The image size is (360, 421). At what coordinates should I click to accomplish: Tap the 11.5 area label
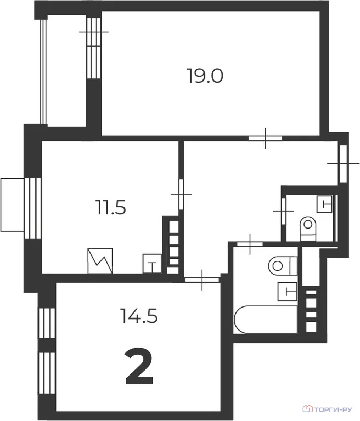(110, 208)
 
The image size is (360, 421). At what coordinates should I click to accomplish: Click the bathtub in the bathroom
(265, 320)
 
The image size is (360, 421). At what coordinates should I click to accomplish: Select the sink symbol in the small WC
(326, 204)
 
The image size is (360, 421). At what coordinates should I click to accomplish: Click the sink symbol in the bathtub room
(288, 291)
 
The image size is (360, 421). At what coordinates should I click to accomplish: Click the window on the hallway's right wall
(342, 163)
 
